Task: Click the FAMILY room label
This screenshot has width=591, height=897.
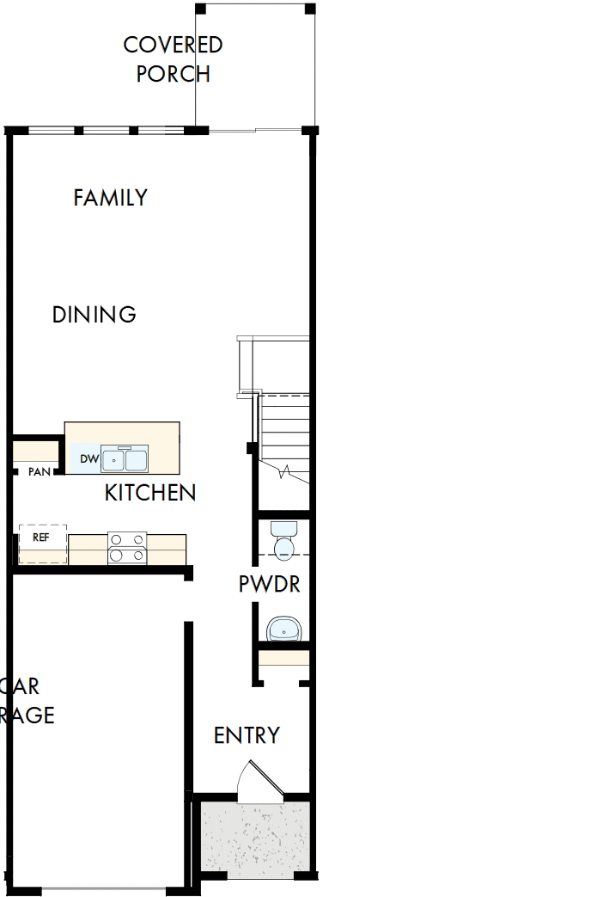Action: pos(110,198)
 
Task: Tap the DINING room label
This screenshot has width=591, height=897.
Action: pos(94,315)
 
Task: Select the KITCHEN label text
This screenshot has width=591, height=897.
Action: pos(150,493)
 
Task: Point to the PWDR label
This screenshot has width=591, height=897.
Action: pos(269,585)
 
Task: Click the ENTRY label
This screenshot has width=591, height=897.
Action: pos(247,736)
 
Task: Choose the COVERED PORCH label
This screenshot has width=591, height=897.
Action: pos(174,58)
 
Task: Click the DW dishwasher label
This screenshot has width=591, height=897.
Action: pos(89,459)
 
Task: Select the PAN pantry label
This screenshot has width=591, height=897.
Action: pos(39,472)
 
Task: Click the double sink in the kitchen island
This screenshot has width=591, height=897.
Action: pos(125,460)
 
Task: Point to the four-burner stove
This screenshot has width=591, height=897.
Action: pos(127,548)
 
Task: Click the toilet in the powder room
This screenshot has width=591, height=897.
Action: pos(283,541)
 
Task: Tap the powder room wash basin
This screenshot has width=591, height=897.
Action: pos(283,630)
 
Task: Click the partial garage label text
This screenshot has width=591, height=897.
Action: pos(26,700)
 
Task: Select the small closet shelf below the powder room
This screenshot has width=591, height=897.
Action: pos(283,659)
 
